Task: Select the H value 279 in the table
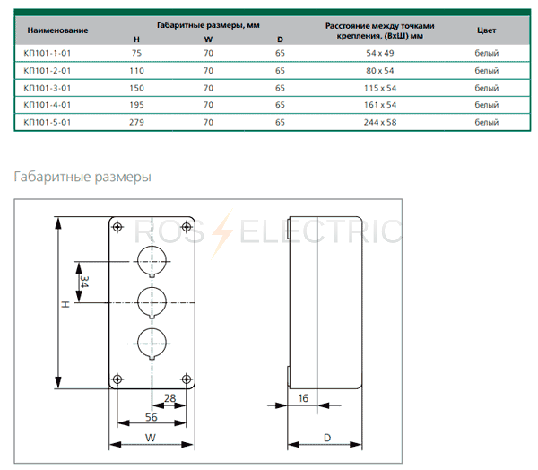[136, 121]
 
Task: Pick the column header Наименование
[56, 30]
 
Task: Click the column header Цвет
[486, 30]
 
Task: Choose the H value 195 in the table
[136, 104]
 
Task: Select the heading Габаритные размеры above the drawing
[82, 177]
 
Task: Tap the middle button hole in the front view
[151, 301]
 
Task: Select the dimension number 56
[151, 417]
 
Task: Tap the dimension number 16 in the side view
[302, 396]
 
